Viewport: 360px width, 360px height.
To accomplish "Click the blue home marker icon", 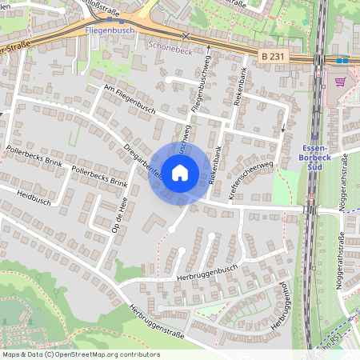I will tap(180, 173).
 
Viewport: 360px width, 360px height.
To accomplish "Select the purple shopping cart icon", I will tap(341, 81).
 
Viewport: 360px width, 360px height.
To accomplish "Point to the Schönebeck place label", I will tap(170, 47).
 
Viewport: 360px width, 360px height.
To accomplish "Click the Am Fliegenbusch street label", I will tap(130, 97).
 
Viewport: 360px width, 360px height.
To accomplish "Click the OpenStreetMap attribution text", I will tap(80, 354).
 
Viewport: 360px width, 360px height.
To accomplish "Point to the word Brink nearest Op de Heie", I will tap(115, 182).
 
